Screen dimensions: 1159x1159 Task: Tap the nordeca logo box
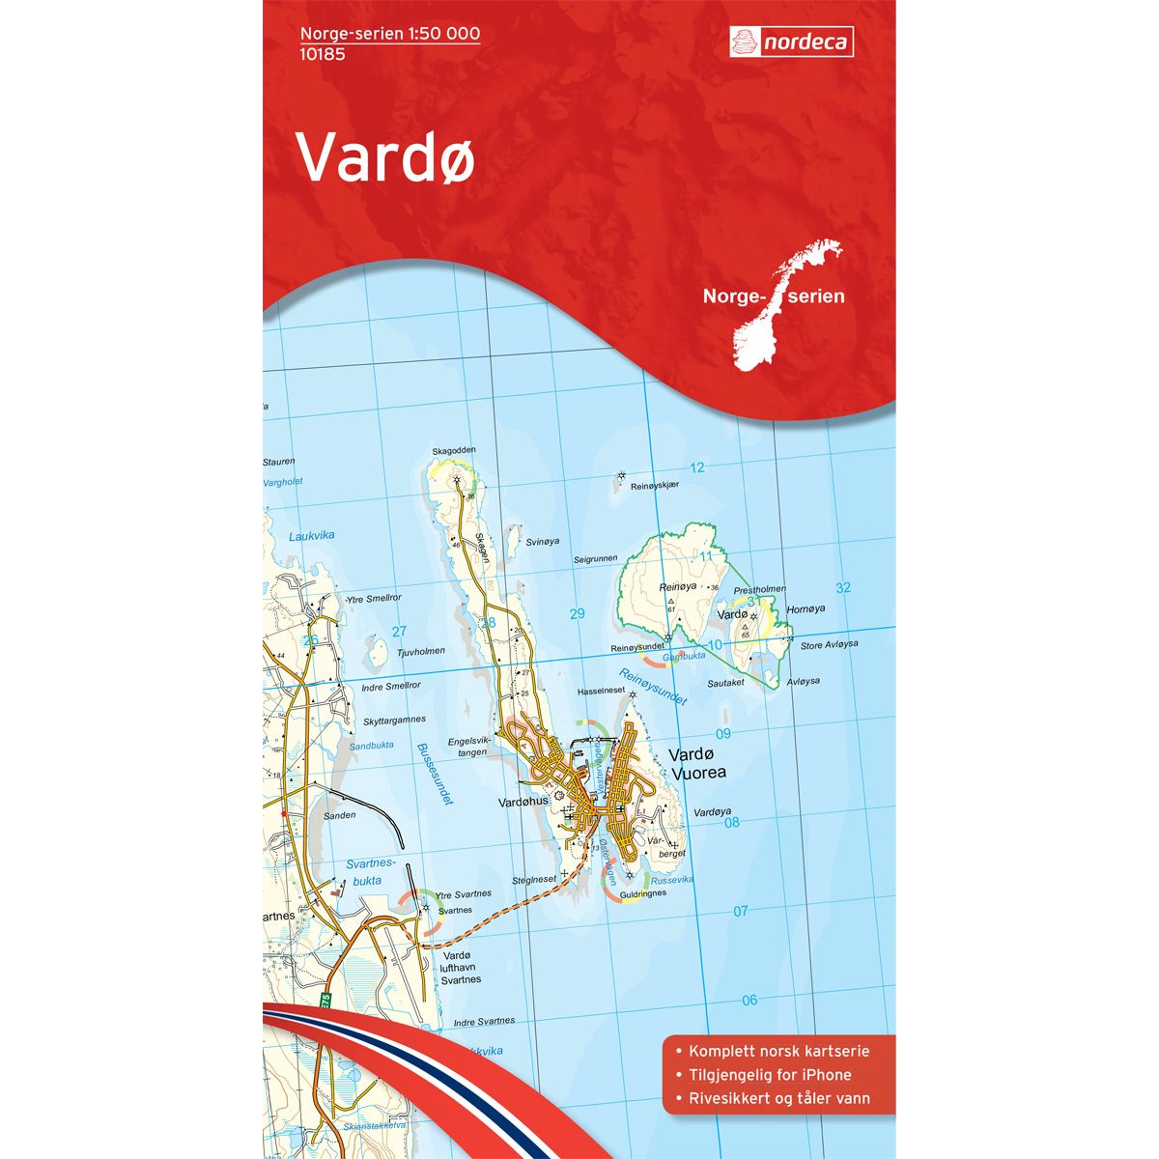791,42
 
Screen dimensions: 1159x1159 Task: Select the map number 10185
323,54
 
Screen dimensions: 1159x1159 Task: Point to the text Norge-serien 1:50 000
390,34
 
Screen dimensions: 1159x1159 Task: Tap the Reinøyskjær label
656,487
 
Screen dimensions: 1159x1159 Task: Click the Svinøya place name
543,542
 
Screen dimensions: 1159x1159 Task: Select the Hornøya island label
806,608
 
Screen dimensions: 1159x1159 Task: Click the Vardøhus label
523,801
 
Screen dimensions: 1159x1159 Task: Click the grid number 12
697,467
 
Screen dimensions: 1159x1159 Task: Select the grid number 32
843,587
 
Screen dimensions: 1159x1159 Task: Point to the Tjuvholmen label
421,651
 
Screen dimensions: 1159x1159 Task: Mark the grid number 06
749,1000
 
